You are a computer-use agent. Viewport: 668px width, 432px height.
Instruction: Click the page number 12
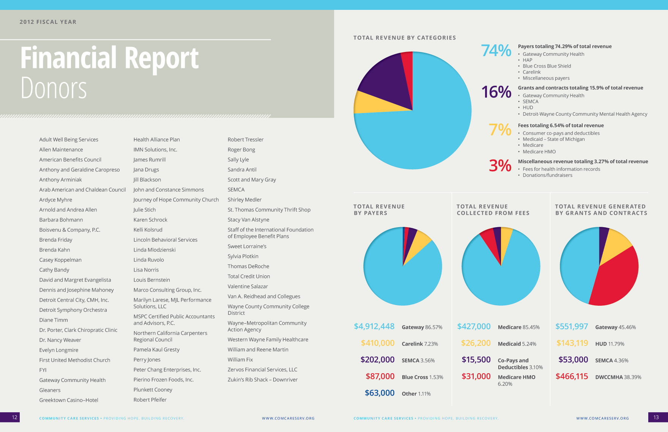click(x=14, y=417)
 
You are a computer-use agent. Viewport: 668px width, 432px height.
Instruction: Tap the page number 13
click(x=656, y=417)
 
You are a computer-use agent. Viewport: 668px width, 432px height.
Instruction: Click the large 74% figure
click(x=496, y=50)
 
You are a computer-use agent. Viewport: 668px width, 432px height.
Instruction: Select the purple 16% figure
click(x=496, y=92)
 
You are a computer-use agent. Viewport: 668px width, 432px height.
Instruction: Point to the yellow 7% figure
click(x=500, y=130)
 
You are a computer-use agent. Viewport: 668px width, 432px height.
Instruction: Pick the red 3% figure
click(x=500, y=166)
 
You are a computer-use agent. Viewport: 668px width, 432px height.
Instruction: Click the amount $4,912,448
click(x=374, y=327)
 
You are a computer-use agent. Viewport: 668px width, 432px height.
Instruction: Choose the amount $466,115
click(x=572, y=376)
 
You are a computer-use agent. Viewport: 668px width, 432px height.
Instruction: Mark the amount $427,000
click(x=474, y=327)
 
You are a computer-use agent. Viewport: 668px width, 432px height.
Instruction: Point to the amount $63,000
click(x=380, y=393)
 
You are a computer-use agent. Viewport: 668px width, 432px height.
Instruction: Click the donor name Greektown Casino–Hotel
click(x=69, y=400)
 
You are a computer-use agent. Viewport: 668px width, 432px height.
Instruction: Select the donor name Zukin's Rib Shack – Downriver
click(x=263, y=380)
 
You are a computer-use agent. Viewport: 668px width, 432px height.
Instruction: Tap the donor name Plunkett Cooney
click(x=153, y=390)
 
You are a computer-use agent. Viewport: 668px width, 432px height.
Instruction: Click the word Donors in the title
click(x=54, y=88)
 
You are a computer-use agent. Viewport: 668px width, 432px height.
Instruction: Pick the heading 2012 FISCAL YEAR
click(x=48, y=22)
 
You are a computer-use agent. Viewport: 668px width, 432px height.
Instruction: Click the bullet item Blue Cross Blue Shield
click(x=547, y=66)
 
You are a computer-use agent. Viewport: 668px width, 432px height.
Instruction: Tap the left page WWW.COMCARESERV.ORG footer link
click(x=288, y=418)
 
